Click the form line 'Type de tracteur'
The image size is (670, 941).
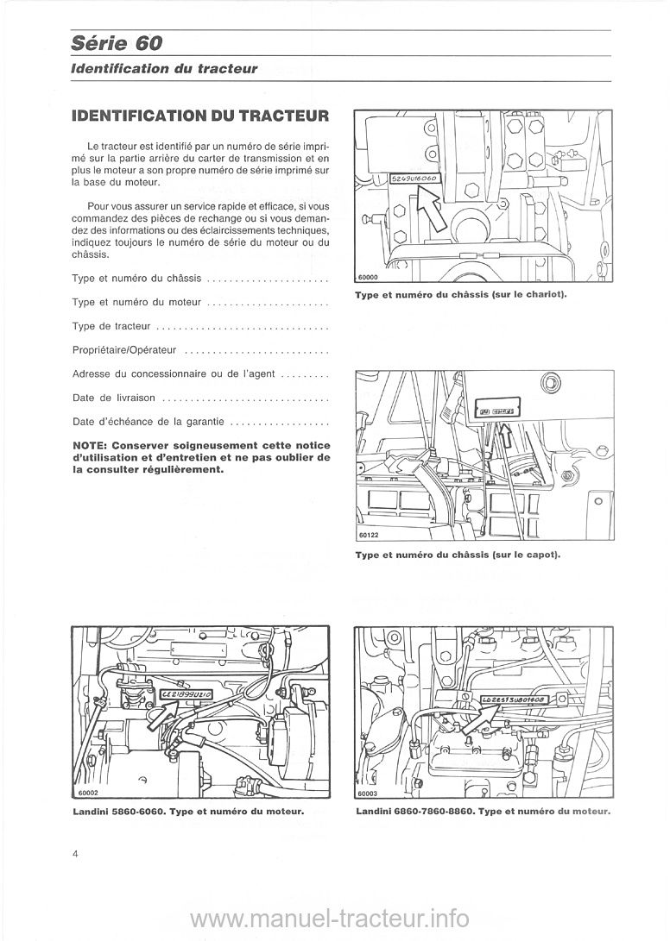(113, 326)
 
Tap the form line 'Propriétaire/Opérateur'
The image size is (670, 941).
(126, 350)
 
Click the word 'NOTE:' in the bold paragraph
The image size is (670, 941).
(93, 445)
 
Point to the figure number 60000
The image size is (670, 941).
(369, 278)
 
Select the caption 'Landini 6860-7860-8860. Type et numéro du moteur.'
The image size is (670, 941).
(483, 812)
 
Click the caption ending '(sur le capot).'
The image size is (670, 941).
(458, 555)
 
